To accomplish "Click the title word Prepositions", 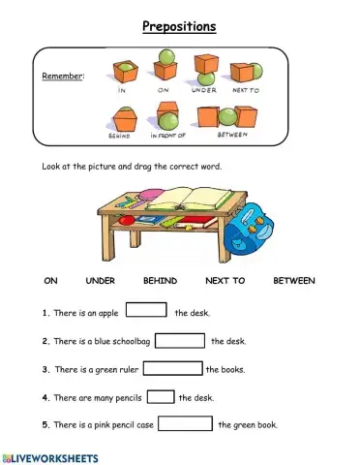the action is pos(179,26).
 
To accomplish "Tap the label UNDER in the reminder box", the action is pos(203,89).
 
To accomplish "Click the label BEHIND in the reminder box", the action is pos(119,136).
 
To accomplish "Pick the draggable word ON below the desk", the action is pos(51,281).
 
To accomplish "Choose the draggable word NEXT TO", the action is pos(225,281).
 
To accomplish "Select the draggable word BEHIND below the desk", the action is pos(160,281).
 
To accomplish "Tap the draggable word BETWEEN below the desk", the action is pos(294,281).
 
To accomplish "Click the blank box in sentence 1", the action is pos(146,312).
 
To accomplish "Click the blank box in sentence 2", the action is pos(179,340).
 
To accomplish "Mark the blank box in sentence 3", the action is pos(172,368).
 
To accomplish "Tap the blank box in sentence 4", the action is pos(161,396).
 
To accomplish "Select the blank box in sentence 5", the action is pos(185,423).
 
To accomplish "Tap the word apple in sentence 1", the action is pos(109,313).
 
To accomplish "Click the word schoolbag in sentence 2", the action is pos(129,341).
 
